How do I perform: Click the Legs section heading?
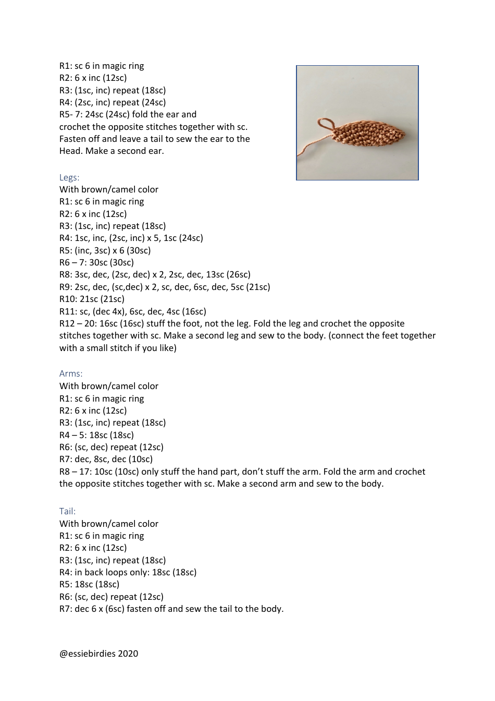(x=69, y=177)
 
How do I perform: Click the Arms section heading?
(x=71, y=373)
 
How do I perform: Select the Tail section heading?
(x=67, y=511)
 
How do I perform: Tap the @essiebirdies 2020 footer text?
(x=98, y=654)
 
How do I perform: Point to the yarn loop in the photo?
(x=325, y=124)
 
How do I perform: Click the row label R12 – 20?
(x=76, y=323)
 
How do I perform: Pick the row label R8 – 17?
(x=74, y=472)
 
